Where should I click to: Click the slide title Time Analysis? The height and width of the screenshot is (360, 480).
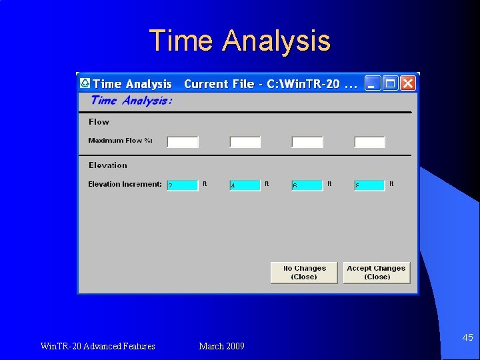pos(239,40)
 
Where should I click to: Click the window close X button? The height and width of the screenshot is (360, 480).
pos(407,83)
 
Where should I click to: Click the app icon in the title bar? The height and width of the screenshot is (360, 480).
pos(85,83)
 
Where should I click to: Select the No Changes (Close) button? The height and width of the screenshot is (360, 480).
pos(304,273)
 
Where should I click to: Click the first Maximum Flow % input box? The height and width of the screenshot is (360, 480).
pos(183,142)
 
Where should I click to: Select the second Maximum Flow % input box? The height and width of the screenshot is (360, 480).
pos(245,142)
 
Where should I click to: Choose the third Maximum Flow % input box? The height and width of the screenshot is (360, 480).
pos(307,142)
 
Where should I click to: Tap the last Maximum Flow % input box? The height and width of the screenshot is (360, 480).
pos(370,142)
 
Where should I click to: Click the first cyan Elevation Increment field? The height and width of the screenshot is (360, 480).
pos(183,185)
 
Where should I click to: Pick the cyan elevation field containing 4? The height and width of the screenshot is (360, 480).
pos(245,185)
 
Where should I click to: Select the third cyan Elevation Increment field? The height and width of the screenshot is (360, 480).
pos(307,185)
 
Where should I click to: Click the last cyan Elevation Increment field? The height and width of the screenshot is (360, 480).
pos(370,185)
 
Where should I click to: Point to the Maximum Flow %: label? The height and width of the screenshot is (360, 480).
pos(121,141)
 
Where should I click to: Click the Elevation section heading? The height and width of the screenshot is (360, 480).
pos(107,165)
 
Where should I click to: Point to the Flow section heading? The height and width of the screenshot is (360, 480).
pos(99,122)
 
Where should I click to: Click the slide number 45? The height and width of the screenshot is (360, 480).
pos(467,338)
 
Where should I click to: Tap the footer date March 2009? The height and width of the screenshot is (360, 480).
pos(221,346)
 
